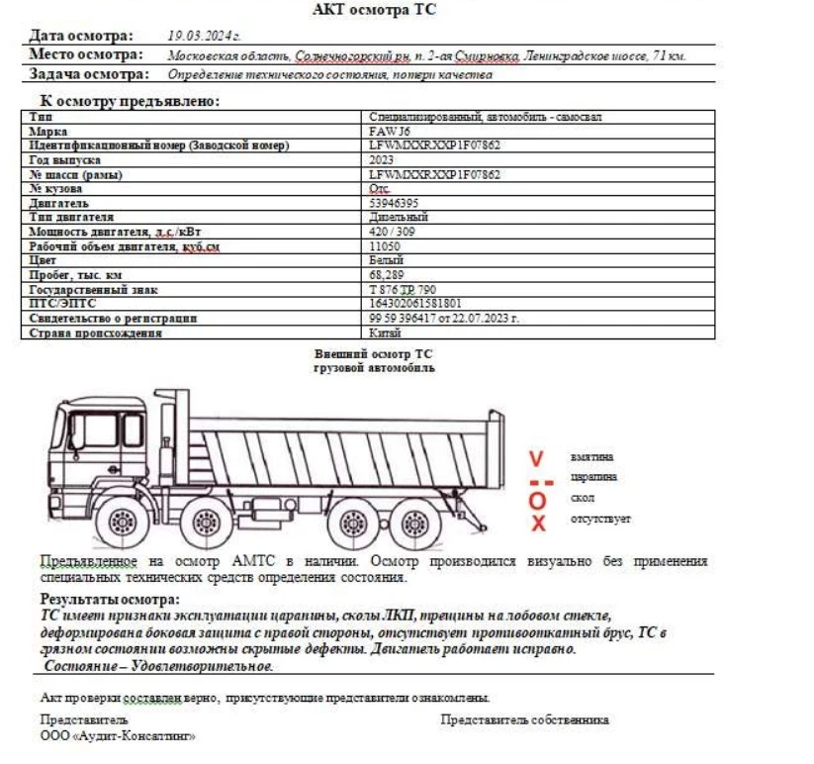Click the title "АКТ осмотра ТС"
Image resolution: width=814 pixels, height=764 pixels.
tap(373, 11)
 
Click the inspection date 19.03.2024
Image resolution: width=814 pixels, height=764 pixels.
tap(205, 36)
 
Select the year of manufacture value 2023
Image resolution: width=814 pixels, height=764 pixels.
tap(381, 159)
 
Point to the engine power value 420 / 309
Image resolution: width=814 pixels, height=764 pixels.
tap(392, 232)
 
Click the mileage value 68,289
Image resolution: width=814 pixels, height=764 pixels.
tap(386, 275)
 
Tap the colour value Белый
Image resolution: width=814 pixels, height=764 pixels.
tap(386, 260)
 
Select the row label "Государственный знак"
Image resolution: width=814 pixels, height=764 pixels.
tap(93, 290)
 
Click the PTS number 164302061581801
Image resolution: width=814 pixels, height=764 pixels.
tap(414, 304)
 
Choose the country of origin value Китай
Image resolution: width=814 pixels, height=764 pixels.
tap(385, 334)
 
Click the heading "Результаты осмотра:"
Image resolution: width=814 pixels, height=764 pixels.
tap(110, 600)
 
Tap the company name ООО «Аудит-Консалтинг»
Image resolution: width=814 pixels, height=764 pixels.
tap(118, 736)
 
